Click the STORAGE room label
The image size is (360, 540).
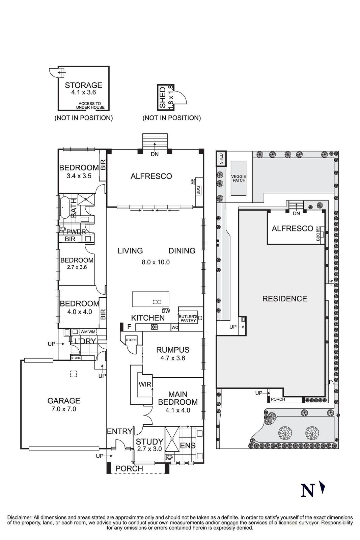[x=83, y=85]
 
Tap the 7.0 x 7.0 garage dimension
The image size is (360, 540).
[x=64, y=409]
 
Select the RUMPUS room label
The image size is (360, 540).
[x=173, y=350]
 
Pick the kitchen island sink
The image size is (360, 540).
[x=157, y=302]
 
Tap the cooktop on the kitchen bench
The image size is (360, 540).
[x=155, y=327]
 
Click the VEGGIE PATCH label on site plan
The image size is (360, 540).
[x=238, y=178]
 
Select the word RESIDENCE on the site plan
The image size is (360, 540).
[x=284, y=299]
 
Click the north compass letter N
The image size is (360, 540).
[x=307, y=490]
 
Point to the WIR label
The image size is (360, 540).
[x=145, y=384]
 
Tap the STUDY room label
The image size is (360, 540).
[x=149, y=441]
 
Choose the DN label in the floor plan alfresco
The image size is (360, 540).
[x=155, y=154]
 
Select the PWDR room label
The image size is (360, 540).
[x=76, y=232]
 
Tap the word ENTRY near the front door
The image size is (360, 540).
[x=119, y=431]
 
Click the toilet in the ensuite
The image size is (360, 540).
[x=169, y=458]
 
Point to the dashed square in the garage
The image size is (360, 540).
[x=74, y=374]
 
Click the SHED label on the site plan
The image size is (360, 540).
[x=221, y=159]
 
